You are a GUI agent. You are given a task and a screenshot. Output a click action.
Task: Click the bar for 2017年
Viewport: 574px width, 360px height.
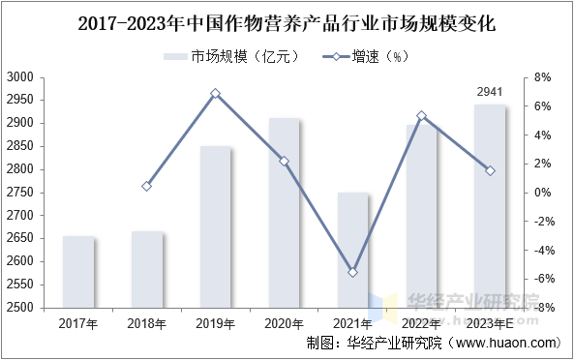(x=78, y=272)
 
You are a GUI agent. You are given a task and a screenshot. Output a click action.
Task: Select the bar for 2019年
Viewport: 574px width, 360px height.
(x=216, y=226)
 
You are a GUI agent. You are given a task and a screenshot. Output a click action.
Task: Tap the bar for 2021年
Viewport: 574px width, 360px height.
(x=353, y=251)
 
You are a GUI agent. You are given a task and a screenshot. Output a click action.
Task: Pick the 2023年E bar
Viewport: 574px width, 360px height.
(x=490, y=206)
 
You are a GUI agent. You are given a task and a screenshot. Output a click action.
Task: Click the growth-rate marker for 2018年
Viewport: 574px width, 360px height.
(x=147, y=186)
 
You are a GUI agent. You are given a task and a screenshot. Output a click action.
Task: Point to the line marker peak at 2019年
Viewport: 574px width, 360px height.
(x=216, y=94)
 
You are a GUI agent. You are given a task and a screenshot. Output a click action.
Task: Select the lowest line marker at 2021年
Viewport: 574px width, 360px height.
(x=353, y=272)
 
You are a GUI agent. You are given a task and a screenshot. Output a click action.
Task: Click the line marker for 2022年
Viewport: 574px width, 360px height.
(x=421, y=115)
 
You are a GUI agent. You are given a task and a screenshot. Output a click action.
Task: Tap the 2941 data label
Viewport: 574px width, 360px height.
(x=490, y=92)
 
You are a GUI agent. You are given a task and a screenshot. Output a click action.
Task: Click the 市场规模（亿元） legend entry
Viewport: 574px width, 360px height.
(x=232, y=57)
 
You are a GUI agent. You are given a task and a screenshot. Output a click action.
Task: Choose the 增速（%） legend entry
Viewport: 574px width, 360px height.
(x=366, y=57)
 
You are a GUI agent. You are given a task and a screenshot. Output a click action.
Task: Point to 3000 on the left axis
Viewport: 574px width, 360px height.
(x=20, y=77)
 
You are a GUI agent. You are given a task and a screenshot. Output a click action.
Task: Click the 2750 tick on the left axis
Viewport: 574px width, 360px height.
(x=20, y=193)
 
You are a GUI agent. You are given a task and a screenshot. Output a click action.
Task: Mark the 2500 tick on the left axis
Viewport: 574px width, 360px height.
(x=20, y=308)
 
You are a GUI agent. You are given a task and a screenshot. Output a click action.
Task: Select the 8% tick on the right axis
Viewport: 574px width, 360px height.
(x=542, y=77)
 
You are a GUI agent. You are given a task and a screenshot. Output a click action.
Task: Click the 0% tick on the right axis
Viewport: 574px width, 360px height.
(x=542, y=193)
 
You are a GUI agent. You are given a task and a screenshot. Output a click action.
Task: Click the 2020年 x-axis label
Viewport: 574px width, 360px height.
(x=284, y=324)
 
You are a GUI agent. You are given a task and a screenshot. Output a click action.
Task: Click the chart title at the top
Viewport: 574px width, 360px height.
(x=287, y=24)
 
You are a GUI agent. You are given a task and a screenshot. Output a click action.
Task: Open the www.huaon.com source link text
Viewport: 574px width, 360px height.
(x=506, y=343)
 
